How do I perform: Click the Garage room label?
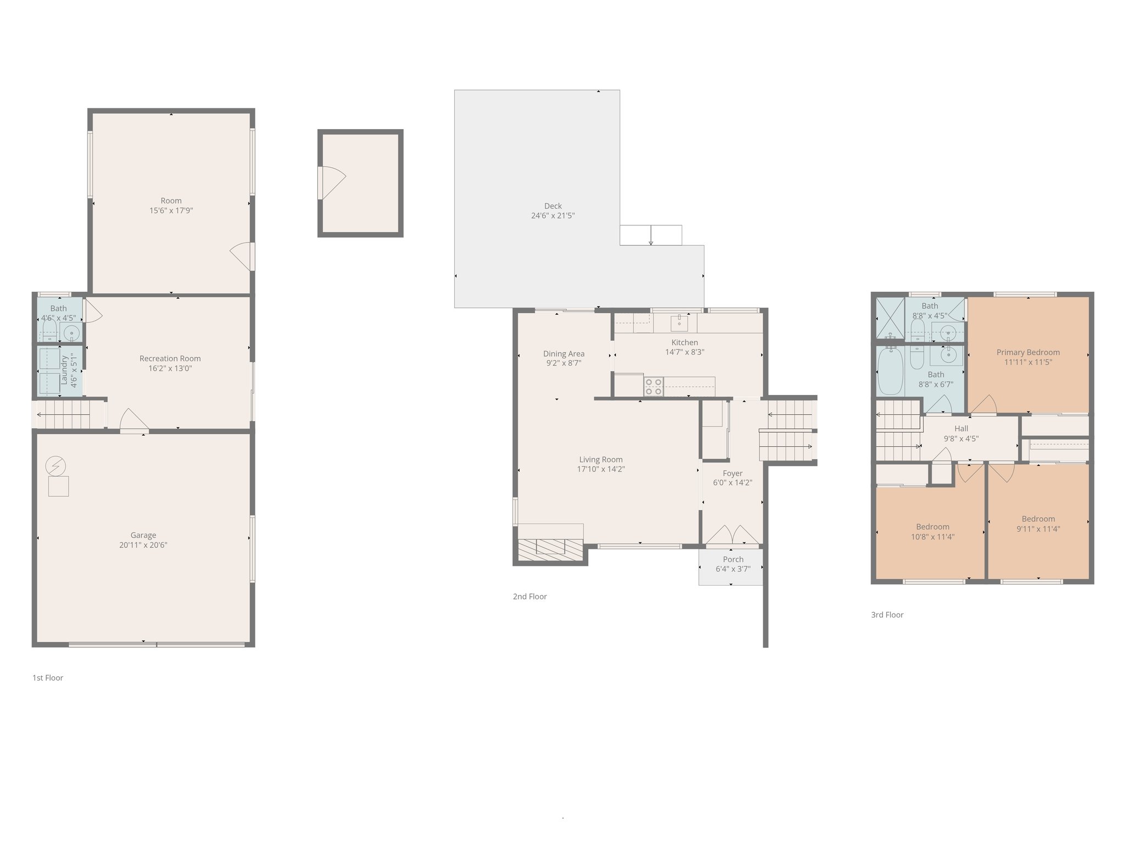click(x=143, y=535)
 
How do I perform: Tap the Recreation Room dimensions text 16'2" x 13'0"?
click(x=170, y=369)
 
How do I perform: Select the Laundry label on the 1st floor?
click(x=64, y=370)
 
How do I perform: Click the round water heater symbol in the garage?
click(x=56, y=467)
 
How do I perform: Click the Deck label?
click(x=553, y=206)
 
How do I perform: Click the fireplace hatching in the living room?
click(x=550, y=549)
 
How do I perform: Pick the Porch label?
click(x=733, y=559)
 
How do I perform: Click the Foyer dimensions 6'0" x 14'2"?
click(x=732, y=483)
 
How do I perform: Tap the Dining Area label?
click(x=564, y=353)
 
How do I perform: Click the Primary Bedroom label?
click(x=1028, y=352)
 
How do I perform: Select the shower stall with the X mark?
click(x=889, y=318)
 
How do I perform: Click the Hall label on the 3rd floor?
click(x=961, y=429)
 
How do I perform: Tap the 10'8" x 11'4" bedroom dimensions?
click(x=932, y=537)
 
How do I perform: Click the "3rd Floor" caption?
click(x=887, y=615)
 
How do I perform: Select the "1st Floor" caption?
click(x=48, y=678)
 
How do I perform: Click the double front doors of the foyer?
click(x=732, y=536)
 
